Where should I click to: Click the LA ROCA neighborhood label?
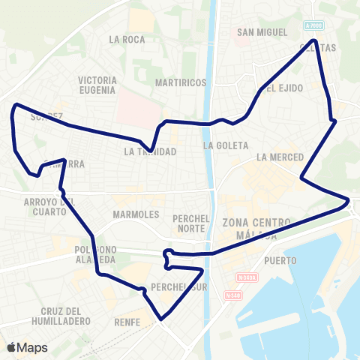tap(126, 39)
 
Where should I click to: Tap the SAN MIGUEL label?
tap(262, 32)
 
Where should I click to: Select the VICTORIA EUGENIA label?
tap(97, 85)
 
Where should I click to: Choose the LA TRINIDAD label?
tap(151, 151)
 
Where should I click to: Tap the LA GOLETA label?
tap(220, 145)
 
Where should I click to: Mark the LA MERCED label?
tap(279, 157)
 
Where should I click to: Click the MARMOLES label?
tap(136, 214)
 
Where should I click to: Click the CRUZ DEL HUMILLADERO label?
tap(67, 316)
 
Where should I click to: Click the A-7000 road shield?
tap(315, 25)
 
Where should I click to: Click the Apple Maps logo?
tap(28, 347)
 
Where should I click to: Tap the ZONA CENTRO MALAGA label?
tap(255, 228)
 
